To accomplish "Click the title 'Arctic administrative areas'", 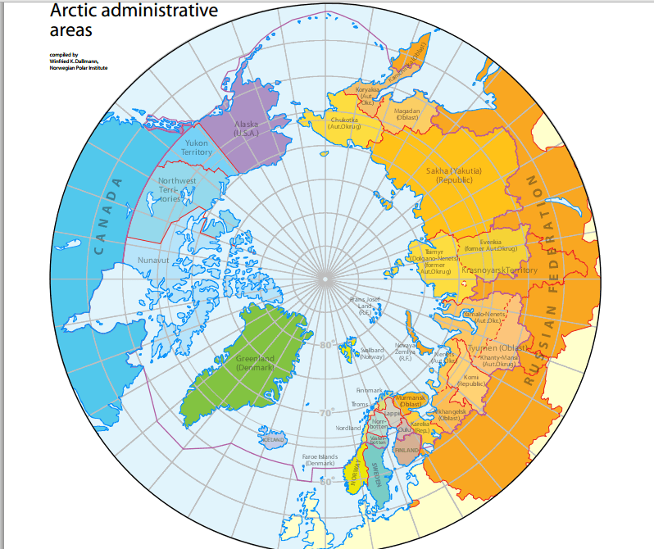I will [x=134, y=20].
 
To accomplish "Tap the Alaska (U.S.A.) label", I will [x=247, y=128].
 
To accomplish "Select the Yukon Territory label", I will [x=197, y=147].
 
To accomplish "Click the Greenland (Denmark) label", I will [x=255, y=363].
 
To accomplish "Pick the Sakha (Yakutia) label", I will [x=454, y=175].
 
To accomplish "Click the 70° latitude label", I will [x=327, y=412].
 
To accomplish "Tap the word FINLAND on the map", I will [x=406, y=451].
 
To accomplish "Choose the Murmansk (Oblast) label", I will [x=409, y=401].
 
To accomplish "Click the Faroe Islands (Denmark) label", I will [x=320, y=460].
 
